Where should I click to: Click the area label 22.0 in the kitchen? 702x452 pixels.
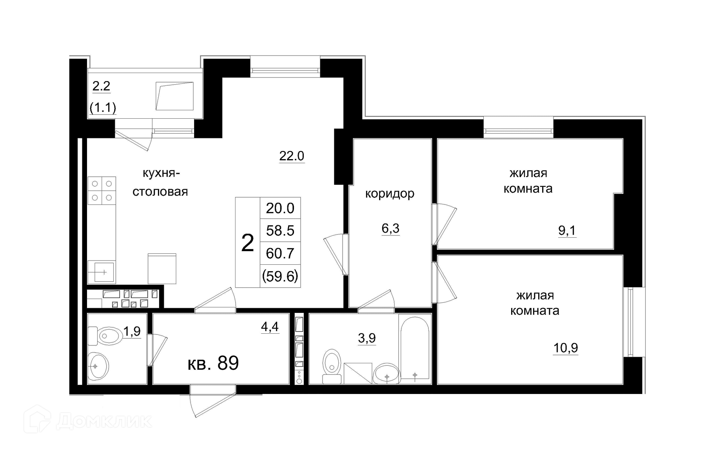coord(292,156)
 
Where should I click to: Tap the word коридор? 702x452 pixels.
coord(390,194)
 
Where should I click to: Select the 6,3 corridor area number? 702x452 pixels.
coord(390,229)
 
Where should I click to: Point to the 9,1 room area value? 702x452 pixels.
coord(567,230)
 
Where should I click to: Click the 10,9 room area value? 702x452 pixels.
coord(566,348)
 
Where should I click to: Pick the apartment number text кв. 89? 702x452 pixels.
coord(213,363)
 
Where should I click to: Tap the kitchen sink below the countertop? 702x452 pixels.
coord(102,272)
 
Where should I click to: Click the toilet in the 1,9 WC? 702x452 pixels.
coord(105,335)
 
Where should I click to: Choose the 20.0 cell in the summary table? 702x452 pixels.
coord(280,208)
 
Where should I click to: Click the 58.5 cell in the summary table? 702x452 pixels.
coord(280,231)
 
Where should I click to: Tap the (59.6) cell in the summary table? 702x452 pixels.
coord(280,276)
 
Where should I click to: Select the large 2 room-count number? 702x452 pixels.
coord(248,243)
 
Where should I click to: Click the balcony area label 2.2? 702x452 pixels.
coord(101,86)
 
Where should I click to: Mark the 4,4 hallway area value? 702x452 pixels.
coord(270,326)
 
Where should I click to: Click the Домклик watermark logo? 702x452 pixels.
coord(88,420)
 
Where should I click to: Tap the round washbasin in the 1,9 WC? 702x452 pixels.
coord(98,366)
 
